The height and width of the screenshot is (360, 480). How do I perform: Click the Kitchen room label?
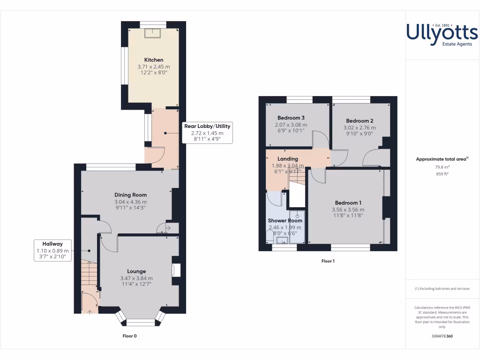tap(154, 60)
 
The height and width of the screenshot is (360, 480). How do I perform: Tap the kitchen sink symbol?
tap(153, 32)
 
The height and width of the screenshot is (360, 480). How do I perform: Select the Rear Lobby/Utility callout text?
tap(207, 126)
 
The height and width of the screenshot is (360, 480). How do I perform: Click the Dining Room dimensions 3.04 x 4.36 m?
tap(131, 202)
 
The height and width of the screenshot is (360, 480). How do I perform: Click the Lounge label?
tap(136, 271)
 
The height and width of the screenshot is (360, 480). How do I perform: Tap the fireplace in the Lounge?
tap(176, 270)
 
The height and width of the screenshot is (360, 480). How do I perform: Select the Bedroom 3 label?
tap(291, 118)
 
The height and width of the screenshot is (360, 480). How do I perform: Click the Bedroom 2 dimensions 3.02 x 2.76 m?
tap(359, 127)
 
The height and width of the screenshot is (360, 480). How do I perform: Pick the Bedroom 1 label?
tap(347, 202)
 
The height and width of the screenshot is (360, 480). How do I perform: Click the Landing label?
tap(288, 159)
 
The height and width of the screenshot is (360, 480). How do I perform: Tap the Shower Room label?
tap(285, 221)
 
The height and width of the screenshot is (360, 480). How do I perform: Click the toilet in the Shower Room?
tap(269, 240)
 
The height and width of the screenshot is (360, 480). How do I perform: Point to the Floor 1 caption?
tap(328, 261)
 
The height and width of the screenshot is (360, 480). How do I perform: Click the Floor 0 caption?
tap(129, 336)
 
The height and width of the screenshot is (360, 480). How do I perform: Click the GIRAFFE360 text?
tap(442, 336)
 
